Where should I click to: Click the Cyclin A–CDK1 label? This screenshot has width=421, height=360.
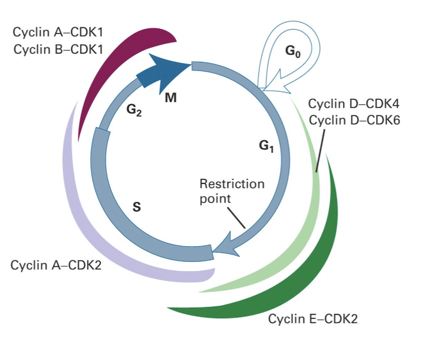click(x=58, y=32)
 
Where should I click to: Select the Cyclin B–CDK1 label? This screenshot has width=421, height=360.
click(x=58, y=50)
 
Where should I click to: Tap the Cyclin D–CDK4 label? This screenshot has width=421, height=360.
click(x=354, y=104)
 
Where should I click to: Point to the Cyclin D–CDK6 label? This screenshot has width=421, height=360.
click(x=355, y=120)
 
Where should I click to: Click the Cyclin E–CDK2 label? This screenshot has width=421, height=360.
click(x=313, y=319)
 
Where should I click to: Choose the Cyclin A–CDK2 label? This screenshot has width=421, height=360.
click(x=56, y=265)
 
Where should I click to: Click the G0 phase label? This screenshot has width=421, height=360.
click(x=292, y=51)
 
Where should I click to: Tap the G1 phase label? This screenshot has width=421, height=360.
click(x=266, y=146)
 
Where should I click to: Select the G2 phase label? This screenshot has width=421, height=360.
click(x=134, y=110)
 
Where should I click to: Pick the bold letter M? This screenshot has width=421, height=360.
click(x=171, y=98)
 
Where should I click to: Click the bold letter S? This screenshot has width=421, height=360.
click(x=137, y=207)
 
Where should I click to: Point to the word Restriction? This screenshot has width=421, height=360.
click(x=232, y=184)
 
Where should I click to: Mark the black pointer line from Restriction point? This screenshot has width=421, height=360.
click(x=236, y=218)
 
